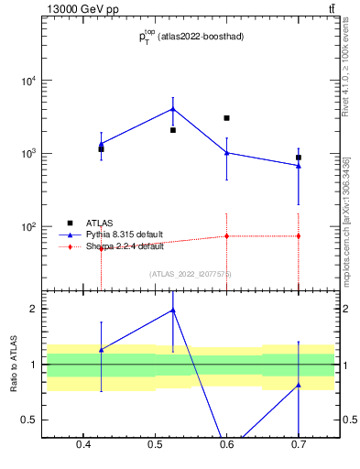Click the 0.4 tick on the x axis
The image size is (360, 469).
coord(83,446)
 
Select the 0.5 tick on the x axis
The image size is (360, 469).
coord(155,446)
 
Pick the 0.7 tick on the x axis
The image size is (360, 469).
coord(299,446)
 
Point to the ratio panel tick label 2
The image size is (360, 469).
coord(33,309)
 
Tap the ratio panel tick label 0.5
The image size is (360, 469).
coord(29,420)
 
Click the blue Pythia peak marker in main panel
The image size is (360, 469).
coord(173,109)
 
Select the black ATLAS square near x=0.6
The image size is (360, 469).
coord(226,118)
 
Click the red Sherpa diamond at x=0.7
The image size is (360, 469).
coord(299,236)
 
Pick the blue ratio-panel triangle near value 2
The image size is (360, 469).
coord(173,311)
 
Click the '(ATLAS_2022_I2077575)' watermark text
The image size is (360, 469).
coord(190,274)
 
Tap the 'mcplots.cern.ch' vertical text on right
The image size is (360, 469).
coord(347,243)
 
